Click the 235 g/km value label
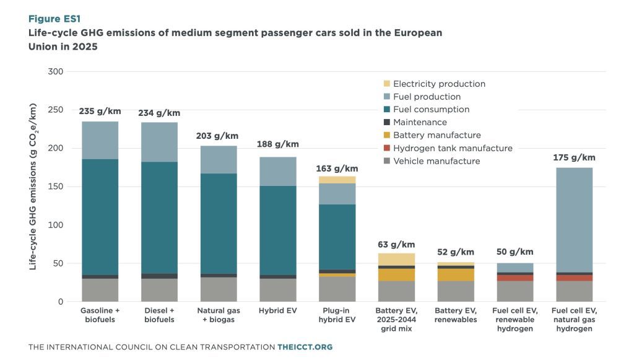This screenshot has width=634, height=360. click(x=100, y=112)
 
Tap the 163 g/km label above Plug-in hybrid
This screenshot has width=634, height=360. click(x=337, y=168)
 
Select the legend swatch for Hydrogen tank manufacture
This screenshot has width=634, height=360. click(x=387, y=149)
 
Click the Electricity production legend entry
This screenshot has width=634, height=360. click(x=439, y=84)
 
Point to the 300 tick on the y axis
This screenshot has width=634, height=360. click(x=56, y=72)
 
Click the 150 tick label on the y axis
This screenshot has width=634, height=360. click(x=56, y=187)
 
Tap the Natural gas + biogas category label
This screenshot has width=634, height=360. click(x=219, y=314)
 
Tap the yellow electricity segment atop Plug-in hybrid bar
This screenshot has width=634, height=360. click(x=337, y=180)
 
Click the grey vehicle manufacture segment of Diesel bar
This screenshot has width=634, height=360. click(x=159, y=290)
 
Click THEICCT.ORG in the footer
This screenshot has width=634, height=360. click(x=305, y=347)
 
